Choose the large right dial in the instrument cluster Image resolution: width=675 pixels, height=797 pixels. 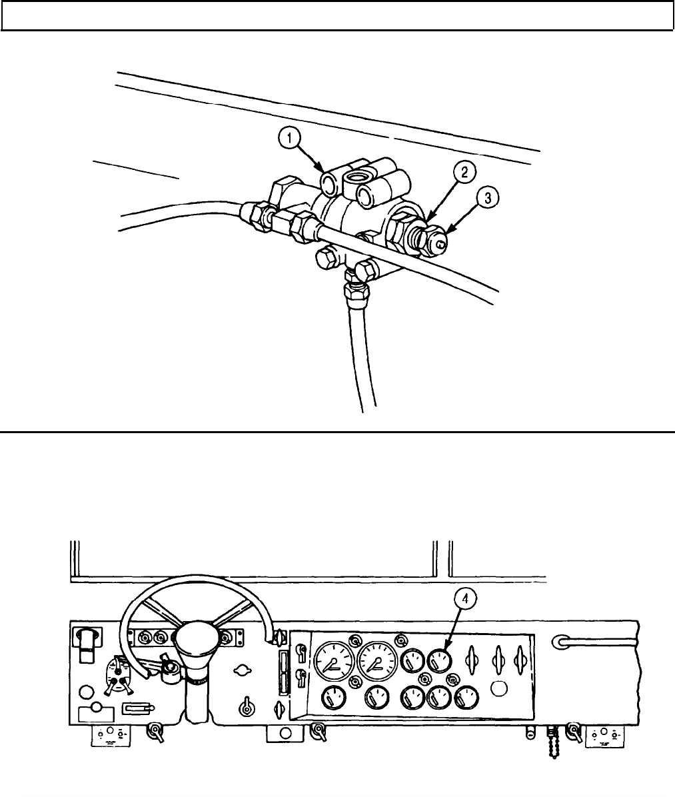376,661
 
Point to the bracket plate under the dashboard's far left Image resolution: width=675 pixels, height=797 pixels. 111,736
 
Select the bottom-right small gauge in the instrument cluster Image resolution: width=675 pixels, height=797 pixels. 466,699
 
